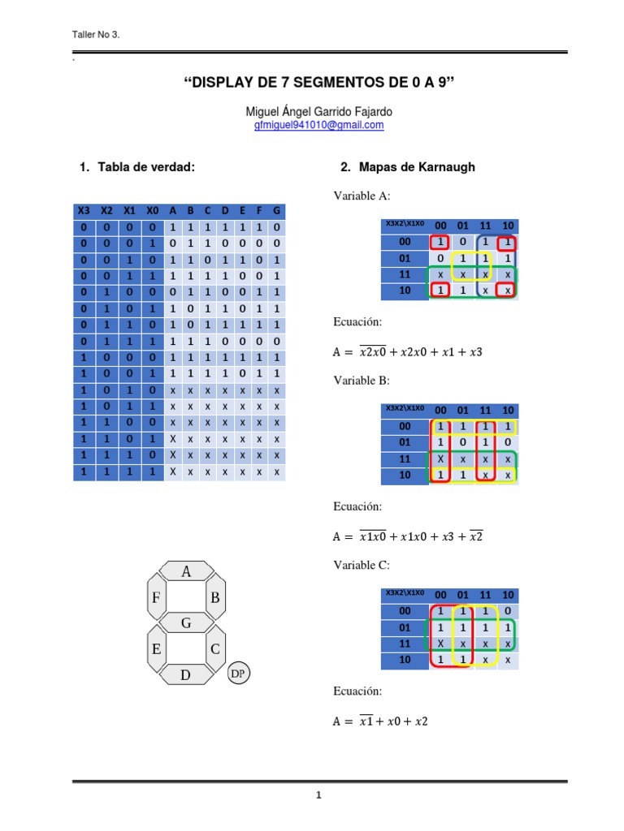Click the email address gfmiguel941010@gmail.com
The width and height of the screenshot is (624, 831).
[x=318, y=126]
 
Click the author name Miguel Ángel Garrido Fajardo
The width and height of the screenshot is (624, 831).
[x=318, y=110]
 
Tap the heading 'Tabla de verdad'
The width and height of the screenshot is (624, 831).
[x=145, y=167]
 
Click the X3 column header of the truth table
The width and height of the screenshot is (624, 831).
[x=84, y=211]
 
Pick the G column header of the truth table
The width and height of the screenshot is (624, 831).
[x=276, y=211]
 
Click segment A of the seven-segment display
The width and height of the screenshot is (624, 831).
[x=186, y=571]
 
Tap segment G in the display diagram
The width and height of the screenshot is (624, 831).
[x=186, y=623]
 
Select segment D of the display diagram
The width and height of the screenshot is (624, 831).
[x=185, y=674]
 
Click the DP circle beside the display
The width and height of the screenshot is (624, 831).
[x=237, y=674]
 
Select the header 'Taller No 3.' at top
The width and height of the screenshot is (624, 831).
[x=96, y=35]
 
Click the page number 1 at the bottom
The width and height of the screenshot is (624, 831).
[x=319, y=795]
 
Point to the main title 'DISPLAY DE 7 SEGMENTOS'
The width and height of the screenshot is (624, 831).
[x=318, y=83]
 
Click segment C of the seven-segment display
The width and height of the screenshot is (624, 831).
[x=215, y=649]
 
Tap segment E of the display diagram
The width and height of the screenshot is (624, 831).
[x=156, y=649]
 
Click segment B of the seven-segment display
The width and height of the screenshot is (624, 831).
[x=215, y=598]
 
